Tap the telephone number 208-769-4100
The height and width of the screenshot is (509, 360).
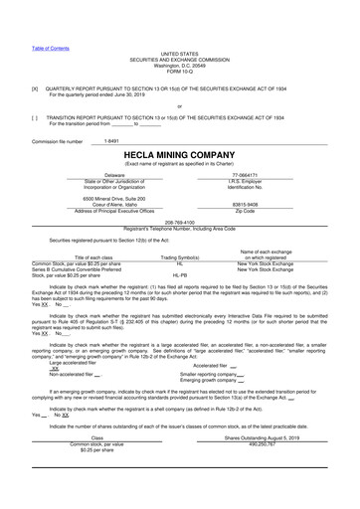click(x=180, y=223)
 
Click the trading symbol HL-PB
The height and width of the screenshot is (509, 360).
click(x=180, y=273)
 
